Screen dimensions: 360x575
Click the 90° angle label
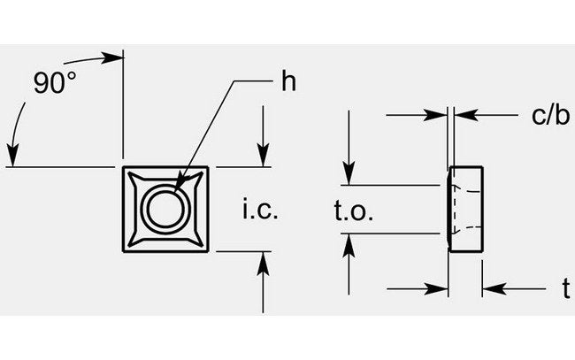[55, 84]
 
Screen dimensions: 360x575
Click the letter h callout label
[287, 82]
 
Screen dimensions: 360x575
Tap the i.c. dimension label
[260, 211]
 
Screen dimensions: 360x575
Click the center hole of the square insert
[165, 209]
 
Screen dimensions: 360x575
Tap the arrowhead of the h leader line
[180, 186]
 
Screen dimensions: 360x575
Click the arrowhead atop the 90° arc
[112, 58]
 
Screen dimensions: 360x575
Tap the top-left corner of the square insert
[124, 167]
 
